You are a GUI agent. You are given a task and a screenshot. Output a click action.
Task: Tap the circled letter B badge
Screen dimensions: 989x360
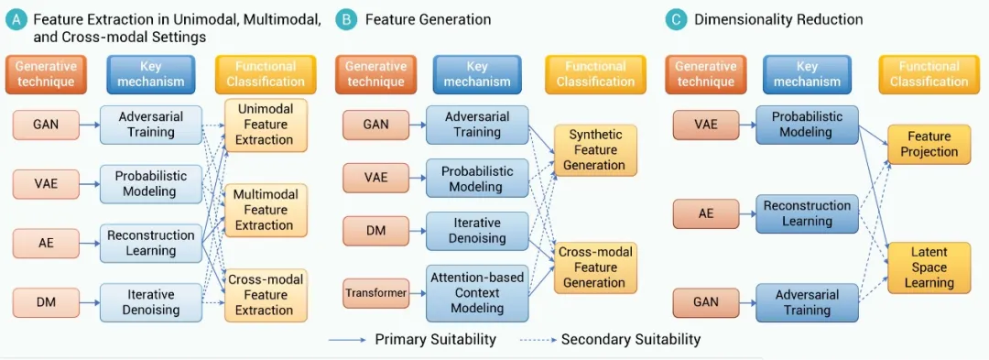345,20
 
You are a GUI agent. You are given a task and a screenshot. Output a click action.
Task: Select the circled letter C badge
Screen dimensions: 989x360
676,20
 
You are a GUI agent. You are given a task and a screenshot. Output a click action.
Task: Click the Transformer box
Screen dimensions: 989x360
376,292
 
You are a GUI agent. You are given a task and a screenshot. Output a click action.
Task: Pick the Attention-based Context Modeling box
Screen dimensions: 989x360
477,292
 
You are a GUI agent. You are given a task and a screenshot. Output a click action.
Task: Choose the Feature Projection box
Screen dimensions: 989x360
929,145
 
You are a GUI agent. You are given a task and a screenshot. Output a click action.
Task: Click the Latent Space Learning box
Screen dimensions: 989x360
929,267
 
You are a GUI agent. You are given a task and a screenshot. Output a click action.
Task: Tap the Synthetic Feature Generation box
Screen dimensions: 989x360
595,150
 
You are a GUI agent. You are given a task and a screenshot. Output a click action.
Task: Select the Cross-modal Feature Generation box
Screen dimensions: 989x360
595,267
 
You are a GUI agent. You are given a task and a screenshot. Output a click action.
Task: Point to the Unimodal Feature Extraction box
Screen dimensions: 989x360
266,125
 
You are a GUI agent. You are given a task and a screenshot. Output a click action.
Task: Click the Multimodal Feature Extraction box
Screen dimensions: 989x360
266,210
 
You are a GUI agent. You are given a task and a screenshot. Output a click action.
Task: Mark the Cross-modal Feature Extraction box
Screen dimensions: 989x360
266,295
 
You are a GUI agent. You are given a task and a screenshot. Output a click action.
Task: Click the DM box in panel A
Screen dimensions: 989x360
46,302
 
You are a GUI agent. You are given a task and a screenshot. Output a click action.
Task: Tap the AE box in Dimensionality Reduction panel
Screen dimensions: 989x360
706,213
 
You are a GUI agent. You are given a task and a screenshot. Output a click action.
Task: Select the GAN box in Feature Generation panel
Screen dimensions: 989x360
376,125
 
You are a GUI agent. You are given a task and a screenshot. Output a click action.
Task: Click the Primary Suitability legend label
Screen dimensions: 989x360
435,339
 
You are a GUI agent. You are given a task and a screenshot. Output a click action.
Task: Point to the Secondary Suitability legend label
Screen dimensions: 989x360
631,339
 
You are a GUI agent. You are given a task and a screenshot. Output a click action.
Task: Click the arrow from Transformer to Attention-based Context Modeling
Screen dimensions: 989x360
418,292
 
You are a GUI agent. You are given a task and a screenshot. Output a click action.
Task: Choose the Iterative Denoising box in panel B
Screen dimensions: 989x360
477,231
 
